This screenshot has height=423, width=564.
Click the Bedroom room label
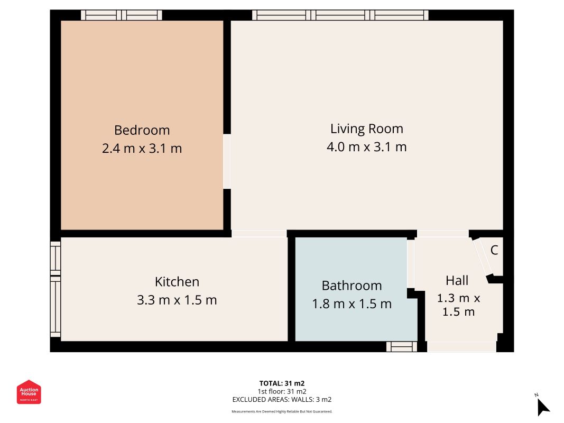tap(142, 130)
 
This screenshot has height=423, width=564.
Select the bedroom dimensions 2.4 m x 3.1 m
tap(142, 148)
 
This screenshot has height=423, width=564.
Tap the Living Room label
tap(366, 129)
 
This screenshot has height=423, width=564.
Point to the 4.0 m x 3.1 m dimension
tap(366, 147)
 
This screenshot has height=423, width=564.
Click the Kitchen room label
tap(177, 282)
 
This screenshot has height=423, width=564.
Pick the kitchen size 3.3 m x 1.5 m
tap(177, 300)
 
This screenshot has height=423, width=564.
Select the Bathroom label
tap(352, 286)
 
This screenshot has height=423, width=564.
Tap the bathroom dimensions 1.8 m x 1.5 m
tap(352, 304)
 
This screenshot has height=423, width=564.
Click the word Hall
tap(457, 281)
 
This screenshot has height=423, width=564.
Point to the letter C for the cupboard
tap(494, 250)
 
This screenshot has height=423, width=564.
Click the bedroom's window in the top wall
tap(122, 15)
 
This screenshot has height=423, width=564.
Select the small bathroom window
tap(402, 347)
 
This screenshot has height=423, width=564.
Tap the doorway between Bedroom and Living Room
tap(227, 161)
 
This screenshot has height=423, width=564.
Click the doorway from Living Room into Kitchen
tap(259, 234)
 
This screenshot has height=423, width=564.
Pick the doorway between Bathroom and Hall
tap(410, 264)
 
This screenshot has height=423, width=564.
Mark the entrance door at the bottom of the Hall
tap(461, 347)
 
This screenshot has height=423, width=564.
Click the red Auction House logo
tap(29, 392)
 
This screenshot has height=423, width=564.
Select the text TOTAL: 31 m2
tap(282, 383)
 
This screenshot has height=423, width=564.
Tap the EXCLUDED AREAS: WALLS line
tap(282, 400)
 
